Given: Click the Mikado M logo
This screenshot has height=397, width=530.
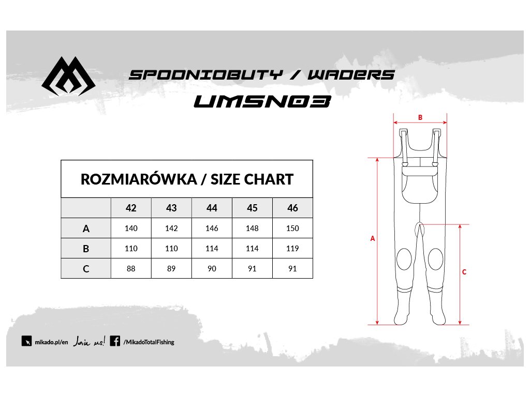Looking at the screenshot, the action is [68, 78].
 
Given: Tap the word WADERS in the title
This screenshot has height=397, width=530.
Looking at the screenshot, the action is [351, 74].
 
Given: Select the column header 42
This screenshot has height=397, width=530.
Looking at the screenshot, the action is [131, 208].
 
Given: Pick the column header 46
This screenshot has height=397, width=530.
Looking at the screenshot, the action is [292, 208].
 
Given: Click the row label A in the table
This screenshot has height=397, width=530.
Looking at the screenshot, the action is [86, 228].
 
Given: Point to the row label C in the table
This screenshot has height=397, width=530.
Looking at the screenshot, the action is [86, 269].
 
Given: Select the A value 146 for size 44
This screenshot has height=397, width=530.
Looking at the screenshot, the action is [212, 228].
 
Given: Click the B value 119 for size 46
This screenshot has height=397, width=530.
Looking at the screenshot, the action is [292, 249].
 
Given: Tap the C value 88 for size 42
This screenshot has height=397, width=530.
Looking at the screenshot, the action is [131, 269].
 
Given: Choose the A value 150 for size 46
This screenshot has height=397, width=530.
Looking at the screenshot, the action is [292, 228].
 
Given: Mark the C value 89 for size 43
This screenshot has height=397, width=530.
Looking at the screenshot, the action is [171, 269].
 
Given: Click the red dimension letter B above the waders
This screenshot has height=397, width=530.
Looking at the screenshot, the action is [420, 117].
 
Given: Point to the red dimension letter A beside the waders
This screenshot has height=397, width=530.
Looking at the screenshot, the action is [372, 239].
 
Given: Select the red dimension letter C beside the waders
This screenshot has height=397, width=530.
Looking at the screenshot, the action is [464, 272].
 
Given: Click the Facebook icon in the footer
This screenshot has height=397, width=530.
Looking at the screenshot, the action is [115, 341].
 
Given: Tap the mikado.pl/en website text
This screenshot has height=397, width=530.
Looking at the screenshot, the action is [51, 342].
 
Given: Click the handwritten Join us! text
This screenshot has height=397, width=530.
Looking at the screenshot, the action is [89, 341].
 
